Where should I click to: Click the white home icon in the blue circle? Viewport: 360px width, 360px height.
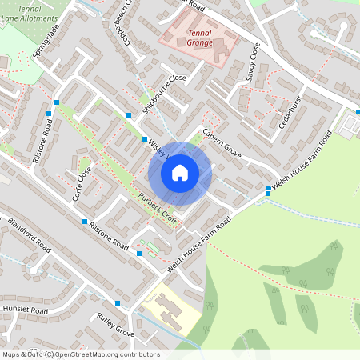pyautogui.click(x=180, y=172)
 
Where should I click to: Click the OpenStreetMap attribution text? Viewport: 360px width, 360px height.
pyautogui.click(x=81, y=354)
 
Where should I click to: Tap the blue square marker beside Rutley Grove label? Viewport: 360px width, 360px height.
pyautogui.click(x=118, y=303)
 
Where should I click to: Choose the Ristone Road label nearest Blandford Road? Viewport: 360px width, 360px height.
pyautogui.click(x=109, y=237)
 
